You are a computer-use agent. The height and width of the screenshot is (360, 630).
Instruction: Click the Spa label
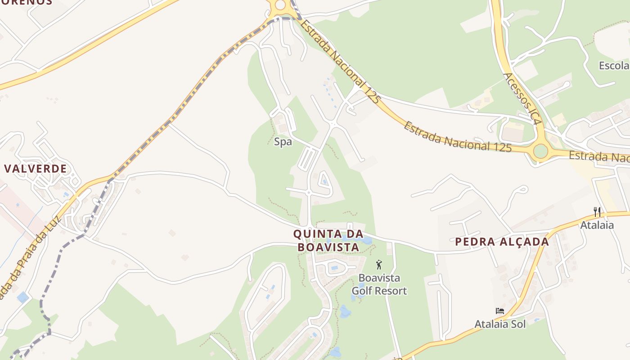(x=283, y=142)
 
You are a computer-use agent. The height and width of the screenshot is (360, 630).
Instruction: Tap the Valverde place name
(x=36, y=169)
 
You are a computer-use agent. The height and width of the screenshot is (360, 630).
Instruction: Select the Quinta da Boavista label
(x=328, y=240)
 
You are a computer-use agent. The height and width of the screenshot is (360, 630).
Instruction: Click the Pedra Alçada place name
(x=502, y=242)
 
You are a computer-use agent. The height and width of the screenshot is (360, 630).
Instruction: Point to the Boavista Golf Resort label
(x=379, y=284)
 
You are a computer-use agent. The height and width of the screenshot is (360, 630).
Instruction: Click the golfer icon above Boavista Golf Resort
(x=379, y=265)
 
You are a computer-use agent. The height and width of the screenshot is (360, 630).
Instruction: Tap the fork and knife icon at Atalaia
(x=597, y=211)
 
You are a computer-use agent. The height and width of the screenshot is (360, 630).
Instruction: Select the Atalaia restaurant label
(x=597, y=225)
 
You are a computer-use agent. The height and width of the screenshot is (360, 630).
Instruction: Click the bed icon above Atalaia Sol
(x=500, y=310)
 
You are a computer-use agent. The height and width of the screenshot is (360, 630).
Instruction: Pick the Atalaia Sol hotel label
(x=500, y=324)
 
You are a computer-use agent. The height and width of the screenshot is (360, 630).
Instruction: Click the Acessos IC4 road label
(x=522, y=99)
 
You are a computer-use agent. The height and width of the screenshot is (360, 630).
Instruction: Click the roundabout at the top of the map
(x=280, y=5)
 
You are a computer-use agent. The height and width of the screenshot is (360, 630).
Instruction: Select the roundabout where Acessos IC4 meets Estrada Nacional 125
(x=540, y=151)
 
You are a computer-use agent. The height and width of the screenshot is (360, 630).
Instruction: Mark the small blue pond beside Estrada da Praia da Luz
(x=22, y=297)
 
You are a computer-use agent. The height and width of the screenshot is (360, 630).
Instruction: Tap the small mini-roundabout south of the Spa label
(x=309, y=193)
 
